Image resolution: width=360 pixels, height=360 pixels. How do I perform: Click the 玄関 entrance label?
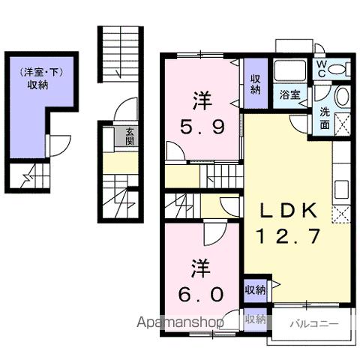point(130,136)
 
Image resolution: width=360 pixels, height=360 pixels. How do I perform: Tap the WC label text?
point(321,69)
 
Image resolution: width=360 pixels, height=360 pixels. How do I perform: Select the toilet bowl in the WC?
point(336,69)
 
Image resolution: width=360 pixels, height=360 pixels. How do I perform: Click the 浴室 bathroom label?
point(289,95)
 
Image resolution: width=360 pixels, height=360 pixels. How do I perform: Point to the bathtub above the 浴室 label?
point(290,70)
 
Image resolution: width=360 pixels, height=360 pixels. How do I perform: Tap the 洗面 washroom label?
point(325,118)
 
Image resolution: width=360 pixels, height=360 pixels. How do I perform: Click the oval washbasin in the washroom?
point(342,96)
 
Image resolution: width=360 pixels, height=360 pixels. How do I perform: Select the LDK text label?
point(288,211)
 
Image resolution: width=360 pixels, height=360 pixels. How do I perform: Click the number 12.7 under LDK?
point(289,236)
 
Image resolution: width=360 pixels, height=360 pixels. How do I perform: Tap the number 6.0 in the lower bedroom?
point(201,294)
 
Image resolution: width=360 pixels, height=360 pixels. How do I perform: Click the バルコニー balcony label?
point(314,324)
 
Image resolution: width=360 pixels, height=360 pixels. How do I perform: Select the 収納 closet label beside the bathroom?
point(255,85)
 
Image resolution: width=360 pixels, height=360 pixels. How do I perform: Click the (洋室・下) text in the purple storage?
point(41,72)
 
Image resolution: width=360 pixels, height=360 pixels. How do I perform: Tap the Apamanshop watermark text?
point(180,322)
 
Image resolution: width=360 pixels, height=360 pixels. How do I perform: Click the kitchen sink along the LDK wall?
point(341,189)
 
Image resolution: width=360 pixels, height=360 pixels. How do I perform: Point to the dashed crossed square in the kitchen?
point(341,214)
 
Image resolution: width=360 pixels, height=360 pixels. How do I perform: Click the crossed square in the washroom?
point(342,124)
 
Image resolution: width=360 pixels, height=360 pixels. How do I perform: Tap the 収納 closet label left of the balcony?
point(255,319)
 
